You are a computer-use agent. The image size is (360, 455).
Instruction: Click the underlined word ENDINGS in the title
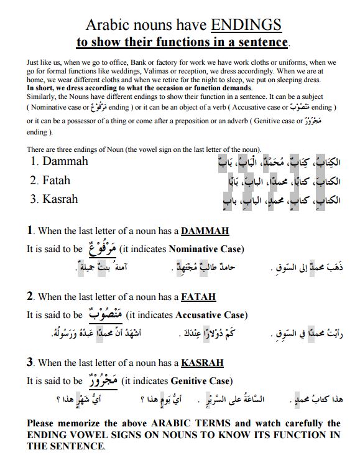coord(246,24)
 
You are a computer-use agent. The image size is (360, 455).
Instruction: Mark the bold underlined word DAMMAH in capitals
coord(205,232)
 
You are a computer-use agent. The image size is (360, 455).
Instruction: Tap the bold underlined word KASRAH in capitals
coord(202,363)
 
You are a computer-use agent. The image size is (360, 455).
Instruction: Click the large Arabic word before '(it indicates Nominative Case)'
coord(100,248)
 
